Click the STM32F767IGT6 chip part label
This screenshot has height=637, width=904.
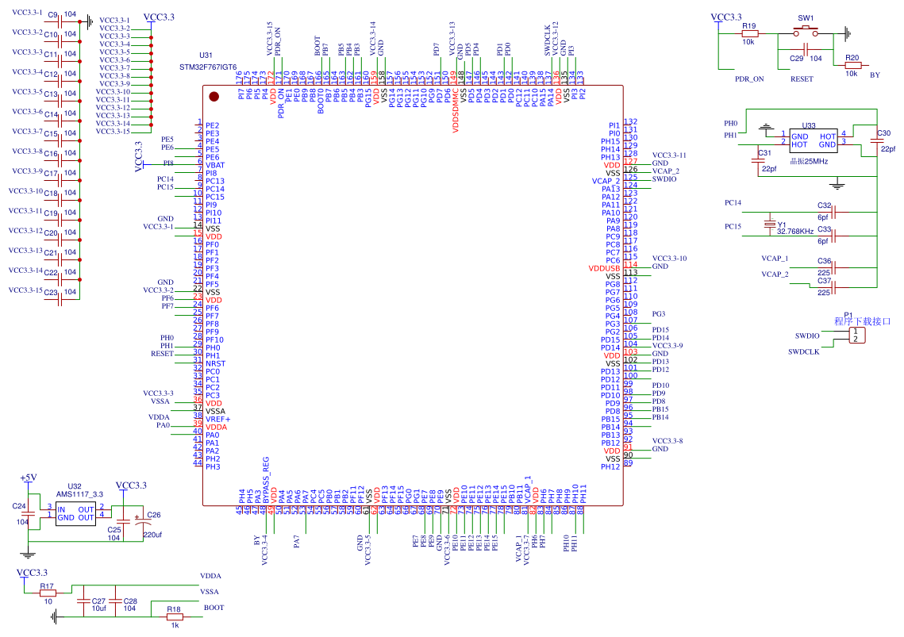[x=208, y=67]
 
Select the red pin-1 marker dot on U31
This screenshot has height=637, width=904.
[x=213, y=97]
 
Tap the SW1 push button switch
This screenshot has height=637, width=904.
[x=806, y=33]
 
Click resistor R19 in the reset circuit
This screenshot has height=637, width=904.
[x=748, y=33]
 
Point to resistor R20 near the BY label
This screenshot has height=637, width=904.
[x=852, y=66]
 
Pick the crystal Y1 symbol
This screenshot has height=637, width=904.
[x=768, y=224]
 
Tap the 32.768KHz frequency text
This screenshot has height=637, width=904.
[x=794, y=231]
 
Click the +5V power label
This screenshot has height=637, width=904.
[x=28, y=478]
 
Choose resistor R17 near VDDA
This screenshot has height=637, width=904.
[x=48, y=593]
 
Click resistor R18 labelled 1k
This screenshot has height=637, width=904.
[x=174, y=616]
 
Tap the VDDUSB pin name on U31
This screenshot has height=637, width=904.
[x=604, y=268]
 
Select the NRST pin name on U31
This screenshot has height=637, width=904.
[x=215, y=363]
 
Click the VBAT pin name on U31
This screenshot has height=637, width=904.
[x=215, y=165]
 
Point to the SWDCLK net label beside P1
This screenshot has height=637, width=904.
[x=781, y=351]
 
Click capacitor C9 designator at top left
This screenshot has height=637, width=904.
[x=52, y=15]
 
